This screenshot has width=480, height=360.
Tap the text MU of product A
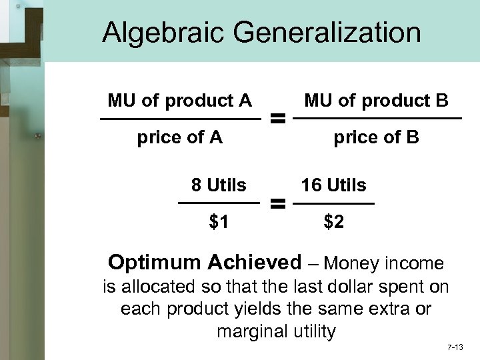click(x=179, y=101)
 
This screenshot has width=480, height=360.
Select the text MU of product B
click(x=377, y=101)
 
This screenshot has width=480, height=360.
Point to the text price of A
click(x=179, y=137)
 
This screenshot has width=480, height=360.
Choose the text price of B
click(x=376, y=137)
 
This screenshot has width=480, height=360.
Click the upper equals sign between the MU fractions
click(x=277, y=120)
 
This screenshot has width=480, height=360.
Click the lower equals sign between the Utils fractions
click(x=277, y=203)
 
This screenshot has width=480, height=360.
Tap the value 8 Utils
click(x=219, y=185)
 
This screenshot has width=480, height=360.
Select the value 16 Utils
click(x=333, y=185)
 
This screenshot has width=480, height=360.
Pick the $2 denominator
click(x=334, y=222)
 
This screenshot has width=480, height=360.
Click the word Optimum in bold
click(x=153, y=263)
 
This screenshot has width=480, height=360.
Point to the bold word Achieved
click(x=256, y=262)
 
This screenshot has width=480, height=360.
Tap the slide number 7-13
click(x=455, y=347)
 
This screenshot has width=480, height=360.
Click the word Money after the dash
click(x=353, y=263)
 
